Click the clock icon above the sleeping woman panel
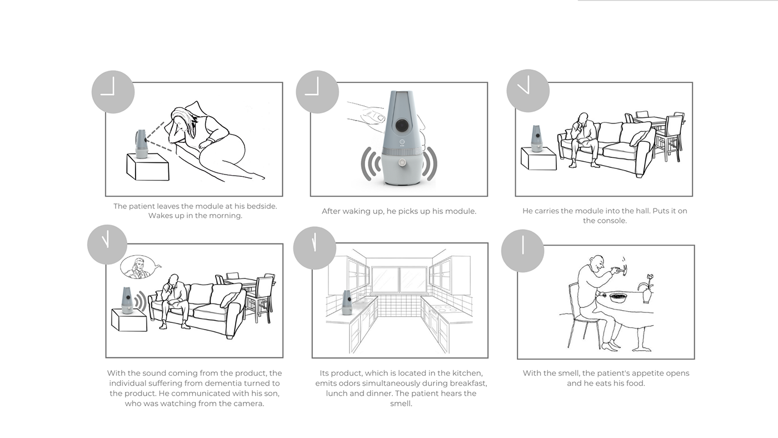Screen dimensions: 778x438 pyautogui.click(x=113, y=92)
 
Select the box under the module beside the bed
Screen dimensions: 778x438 pyautogui.click(x=148, y=167)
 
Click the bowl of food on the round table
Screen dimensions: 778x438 pyautogui.click(x=618, y=298)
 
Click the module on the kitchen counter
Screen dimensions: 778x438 pyautogui.click(x=347, y=302)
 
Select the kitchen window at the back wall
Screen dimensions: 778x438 pyautogui.click(x=400, y=280)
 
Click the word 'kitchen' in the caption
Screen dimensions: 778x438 pyautogui.click(x=467, y=373)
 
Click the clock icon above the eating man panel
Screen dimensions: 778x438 pyautogui.click(x=523, y=251)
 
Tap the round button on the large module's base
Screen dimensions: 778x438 pyautogui.click(x=402, y=162)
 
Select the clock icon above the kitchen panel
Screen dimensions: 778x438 pyautogui.click(x=315, y=248)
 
